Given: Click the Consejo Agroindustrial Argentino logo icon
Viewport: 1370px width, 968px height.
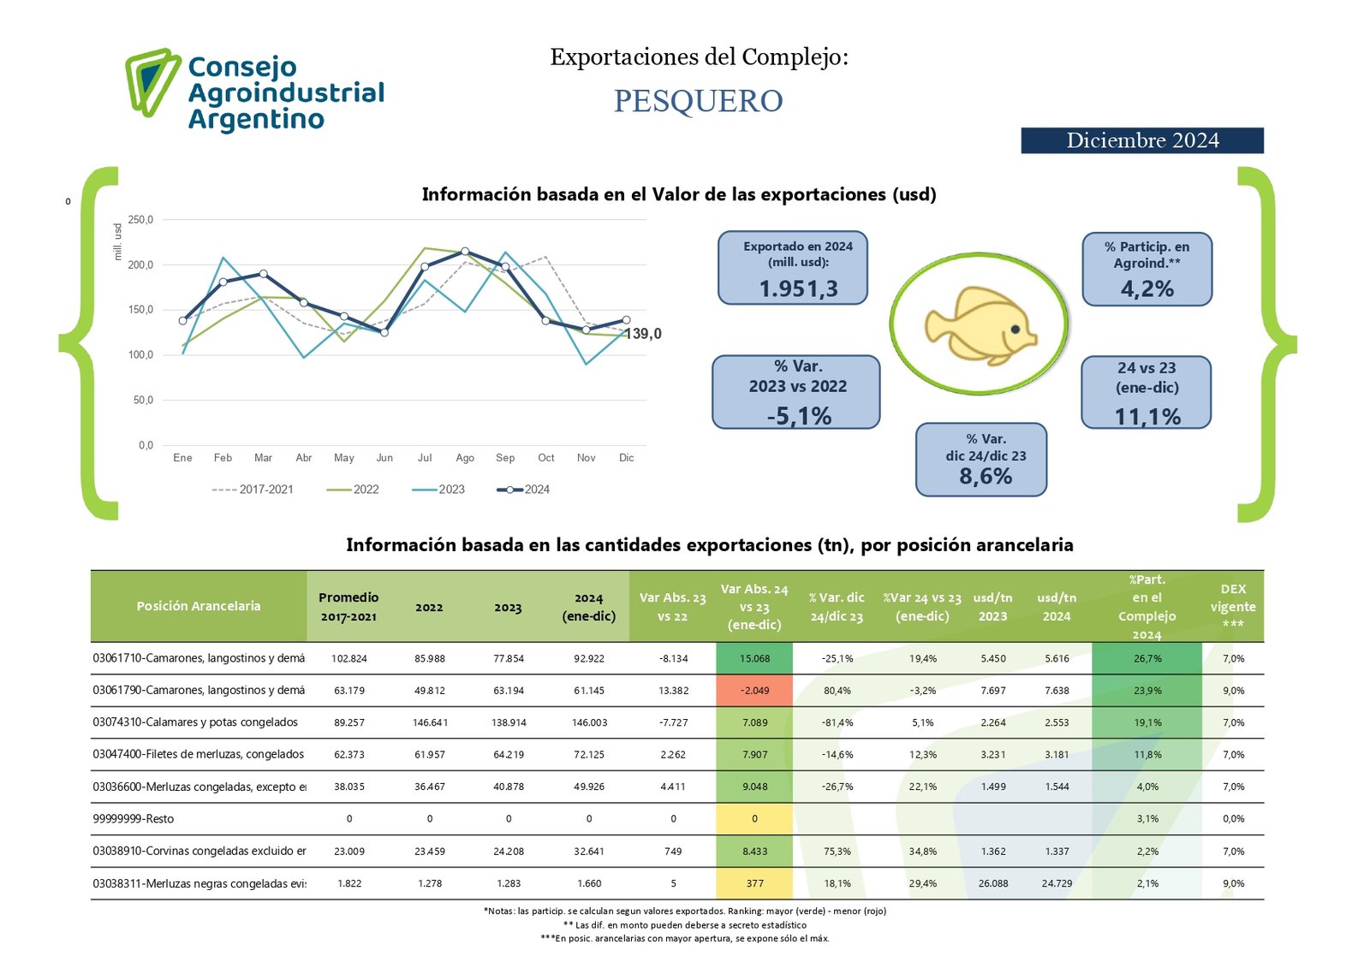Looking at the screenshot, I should (152, 81).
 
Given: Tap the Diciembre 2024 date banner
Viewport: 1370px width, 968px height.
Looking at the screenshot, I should (1141, 140).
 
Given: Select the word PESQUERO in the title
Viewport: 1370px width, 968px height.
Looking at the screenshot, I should (698, 101).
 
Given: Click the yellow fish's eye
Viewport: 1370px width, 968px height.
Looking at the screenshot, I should (1016, 329).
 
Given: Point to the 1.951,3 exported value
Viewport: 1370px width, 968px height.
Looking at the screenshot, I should (798, 289).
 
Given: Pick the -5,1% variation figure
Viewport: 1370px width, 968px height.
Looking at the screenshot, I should (799, 416).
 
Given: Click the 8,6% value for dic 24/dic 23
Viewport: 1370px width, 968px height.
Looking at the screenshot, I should (986, 477).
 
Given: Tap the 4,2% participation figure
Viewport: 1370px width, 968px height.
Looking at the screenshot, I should (1147, 289).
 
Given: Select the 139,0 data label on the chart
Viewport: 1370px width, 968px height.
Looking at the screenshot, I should (644, 334).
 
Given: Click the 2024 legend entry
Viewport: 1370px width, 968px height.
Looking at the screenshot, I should (524, 490).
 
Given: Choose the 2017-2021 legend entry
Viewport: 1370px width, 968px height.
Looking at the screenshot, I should (253, 490).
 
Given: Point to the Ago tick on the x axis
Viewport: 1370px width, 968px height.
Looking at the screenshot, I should (465, 458).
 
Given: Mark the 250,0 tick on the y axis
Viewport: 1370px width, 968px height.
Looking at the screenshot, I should (140, 220).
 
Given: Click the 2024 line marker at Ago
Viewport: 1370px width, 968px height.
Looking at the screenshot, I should (465, 252).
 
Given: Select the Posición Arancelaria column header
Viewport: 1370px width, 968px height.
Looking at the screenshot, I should (198, 606).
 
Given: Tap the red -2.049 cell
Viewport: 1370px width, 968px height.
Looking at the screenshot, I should (754, 691).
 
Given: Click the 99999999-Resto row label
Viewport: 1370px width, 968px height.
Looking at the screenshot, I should (134, 819).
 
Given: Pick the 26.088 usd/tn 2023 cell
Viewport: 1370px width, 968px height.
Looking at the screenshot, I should (993, 883).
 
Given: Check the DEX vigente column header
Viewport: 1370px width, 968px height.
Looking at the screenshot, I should (1233, 606).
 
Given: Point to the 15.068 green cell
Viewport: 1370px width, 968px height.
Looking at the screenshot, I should (754, 658).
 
